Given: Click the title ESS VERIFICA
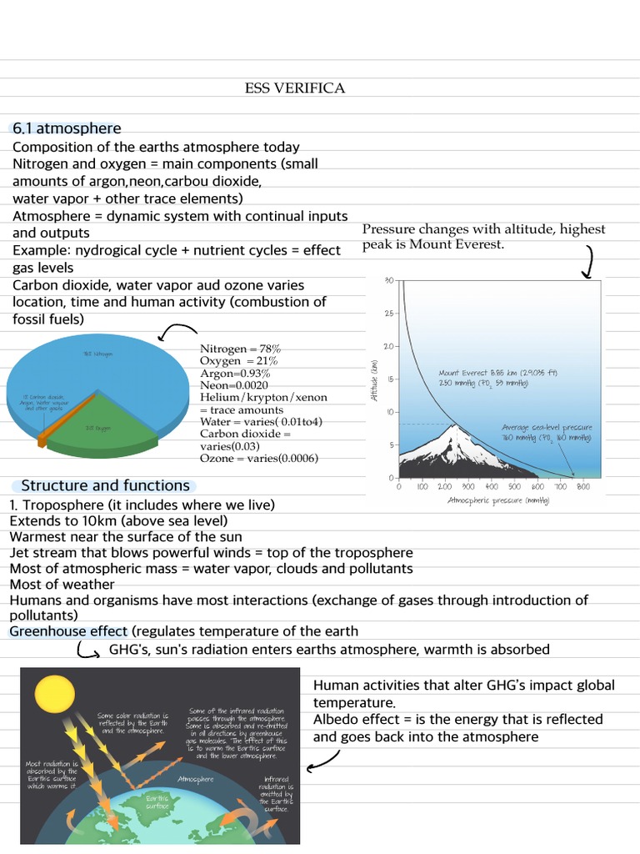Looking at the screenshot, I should point(294,88).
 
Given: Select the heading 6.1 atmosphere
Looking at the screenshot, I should point(66,128).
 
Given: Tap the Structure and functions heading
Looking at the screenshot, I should point(105,485).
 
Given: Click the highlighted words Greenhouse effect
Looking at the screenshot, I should point(68,631).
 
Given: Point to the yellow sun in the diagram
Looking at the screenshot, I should point(53,691).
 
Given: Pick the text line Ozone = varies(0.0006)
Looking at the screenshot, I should point(258,458).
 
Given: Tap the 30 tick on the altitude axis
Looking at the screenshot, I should point(388,281).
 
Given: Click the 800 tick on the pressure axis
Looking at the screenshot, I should point(582,486).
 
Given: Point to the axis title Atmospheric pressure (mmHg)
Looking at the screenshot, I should point(498,500).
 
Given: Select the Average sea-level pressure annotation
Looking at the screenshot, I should point(547,432).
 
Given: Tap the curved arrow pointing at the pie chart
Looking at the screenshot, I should point(176,332).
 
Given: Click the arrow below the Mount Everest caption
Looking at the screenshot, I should point(587,261).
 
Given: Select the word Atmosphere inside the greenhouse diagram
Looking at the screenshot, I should point(196,779).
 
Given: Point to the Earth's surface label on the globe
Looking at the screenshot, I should point(157,802).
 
